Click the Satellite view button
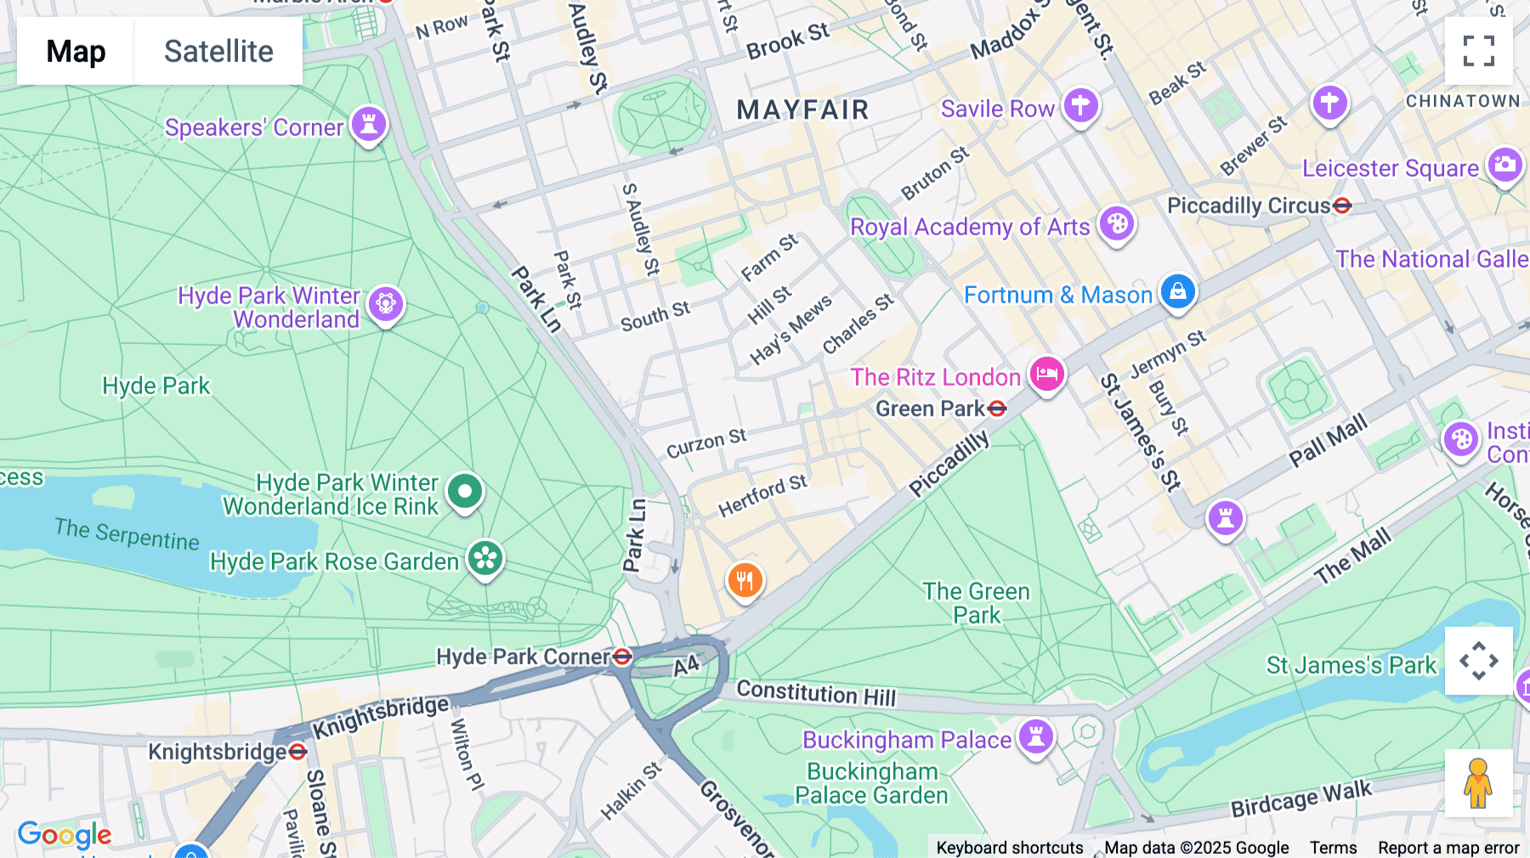coord(218,51)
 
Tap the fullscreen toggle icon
coord(1478,51)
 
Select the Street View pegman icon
coord(1478,783)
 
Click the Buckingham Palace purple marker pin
coord(1036,737)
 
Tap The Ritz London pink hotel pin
coord(1047,374)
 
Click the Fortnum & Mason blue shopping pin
coord(1177,292)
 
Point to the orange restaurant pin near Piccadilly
coord(745,581)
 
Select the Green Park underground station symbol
coord(998,409)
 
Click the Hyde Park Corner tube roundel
coord(622,657)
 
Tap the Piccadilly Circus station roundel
coord(1342,206)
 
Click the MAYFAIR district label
coord(802,110)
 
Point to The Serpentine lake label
coord(127,534)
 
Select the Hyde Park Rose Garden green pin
coord(485,559)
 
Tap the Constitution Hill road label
coord(816,693)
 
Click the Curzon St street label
coord(705,443)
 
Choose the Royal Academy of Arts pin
coord(1117,224)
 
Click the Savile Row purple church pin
coord(1080,106)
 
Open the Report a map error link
coord(1448,848)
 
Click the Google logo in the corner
coord(65,835)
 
